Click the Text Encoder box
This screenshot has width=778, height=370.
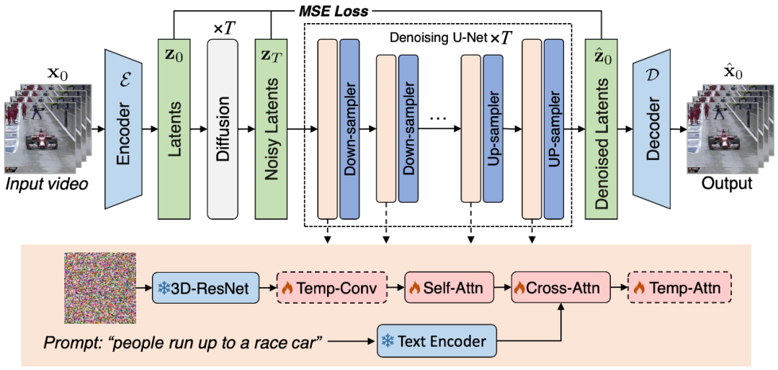click(437, 339)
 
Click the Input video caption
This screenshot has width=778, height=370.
click(47, 185)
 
